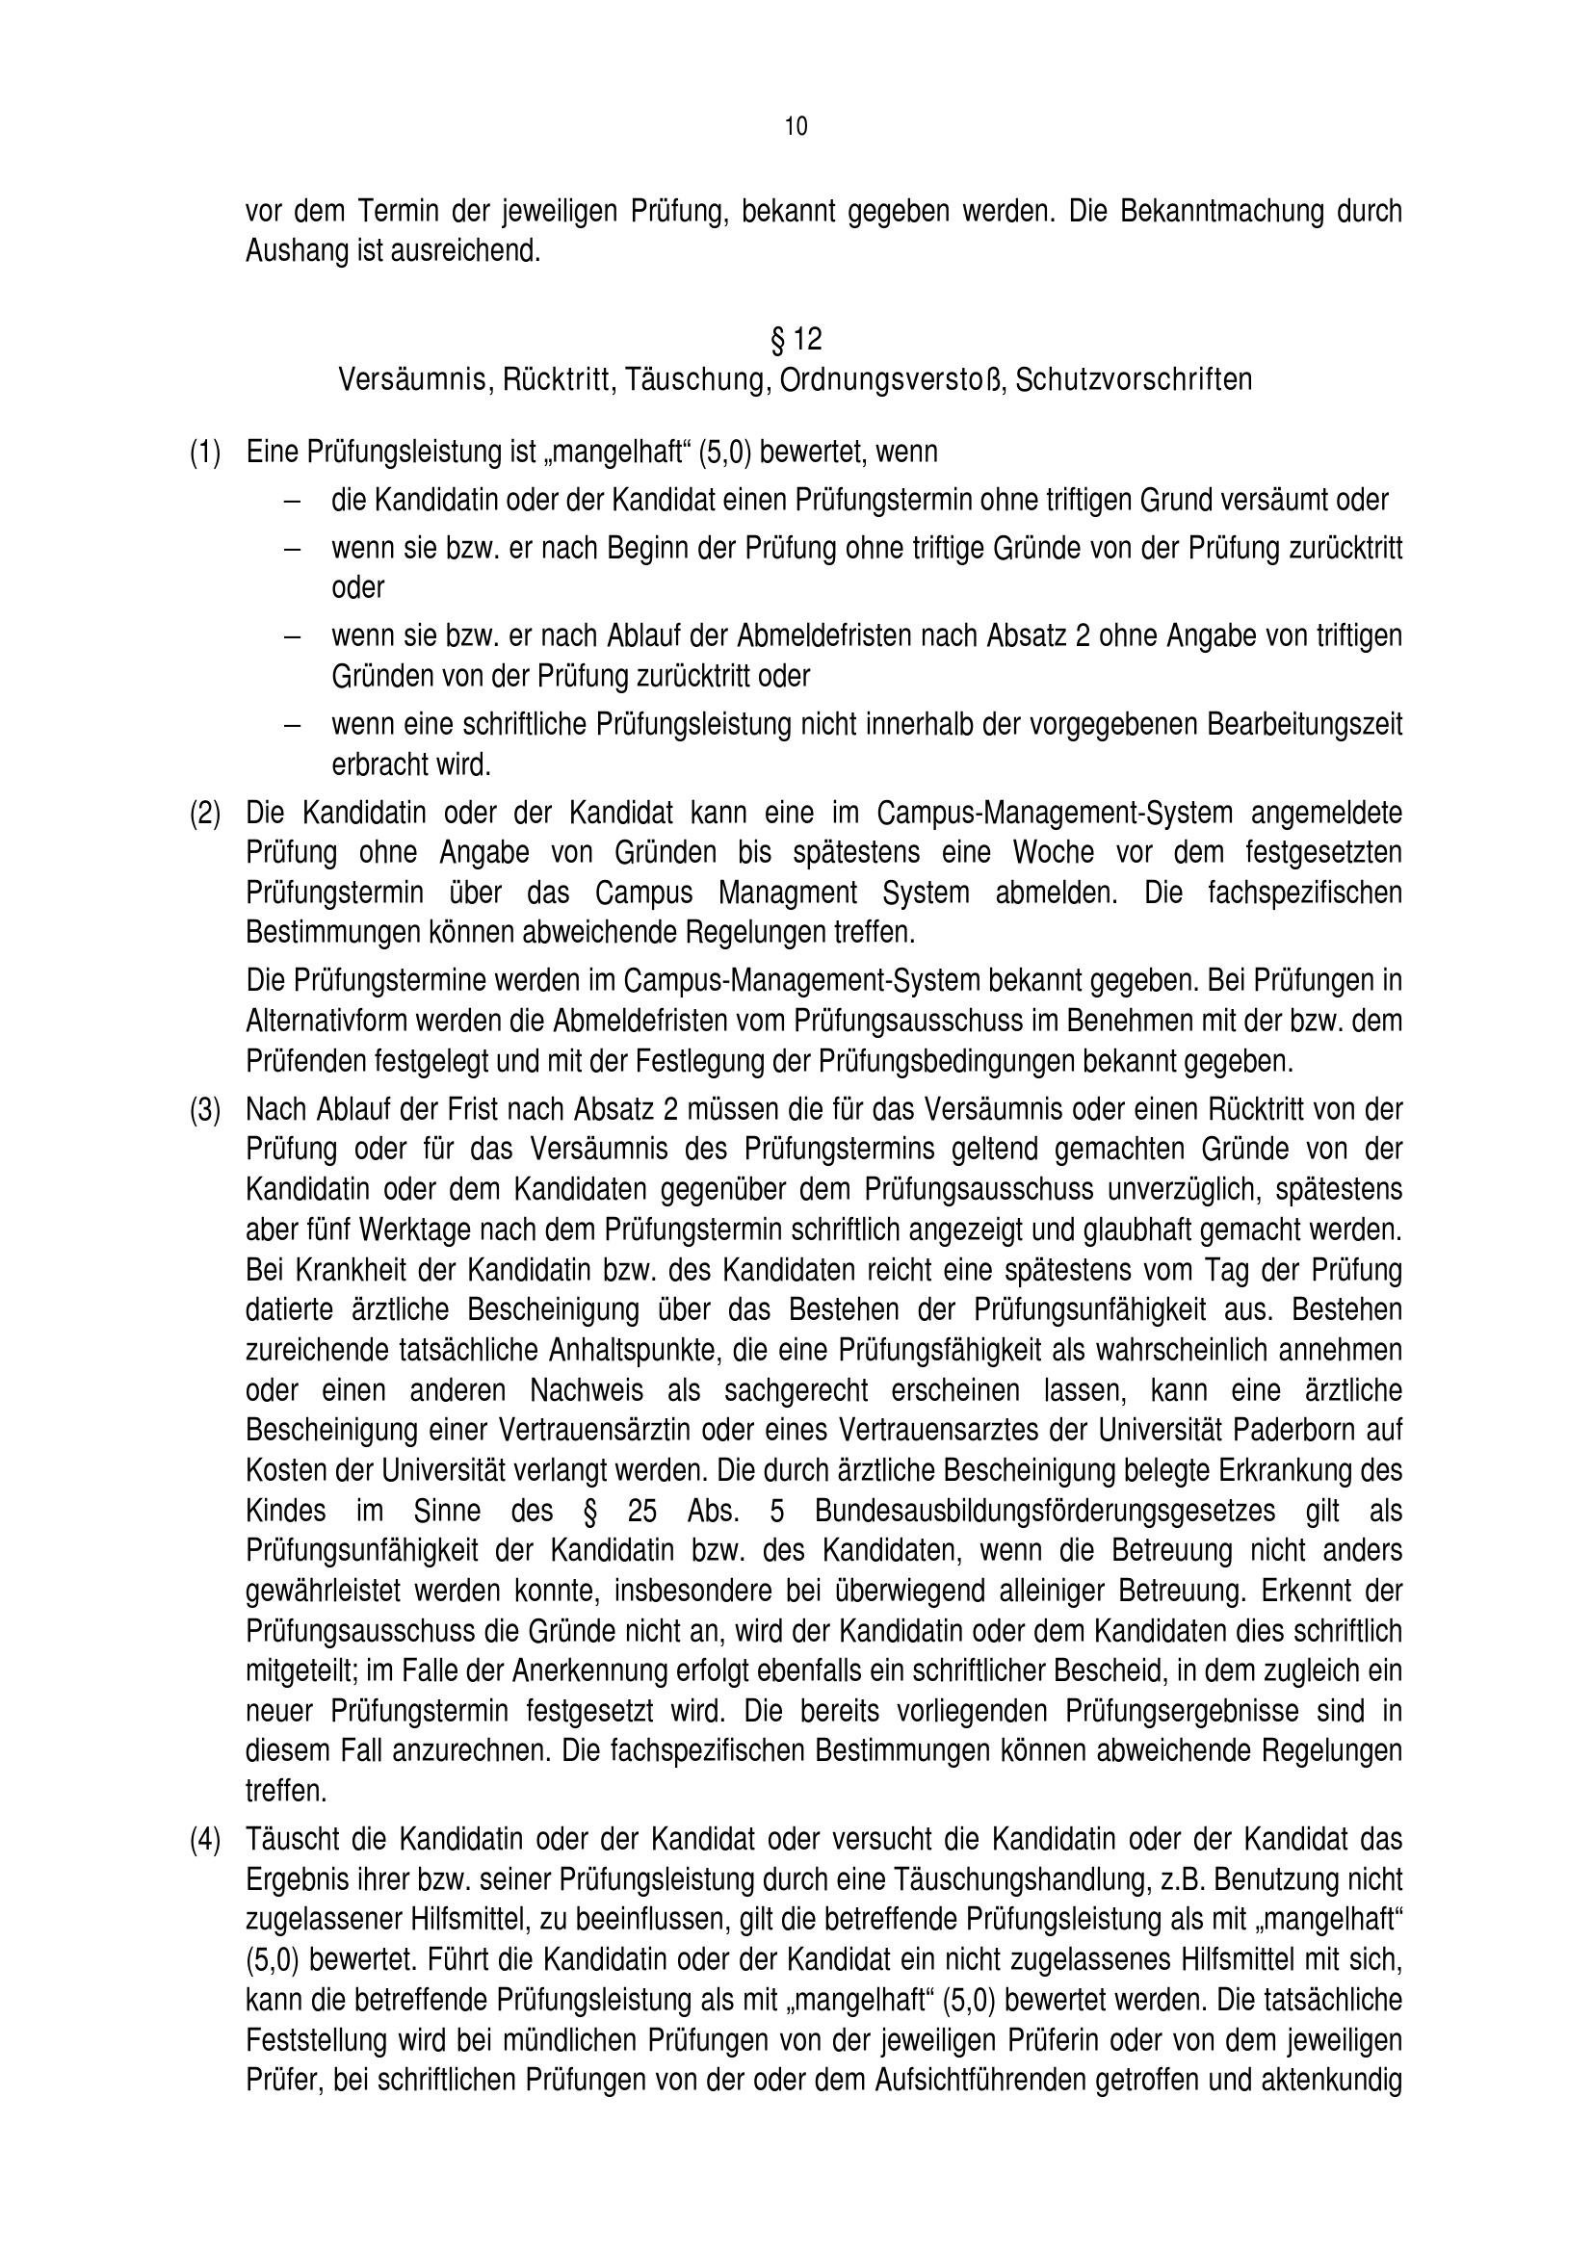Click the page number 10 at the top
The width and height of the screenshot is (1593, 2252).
pos(796,126)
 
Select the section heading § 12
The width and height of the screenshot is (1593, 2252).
pos(796,339)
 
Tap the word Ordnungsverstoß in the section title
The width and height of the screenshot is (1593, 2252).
pos(893,379)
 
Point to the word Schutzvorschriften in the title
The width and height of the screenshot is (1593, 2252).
pos(1134,379)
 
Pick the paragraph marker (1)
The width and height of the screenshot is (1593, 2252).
pos(205,453)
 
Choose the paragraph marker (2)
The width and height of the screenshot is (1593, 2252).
pos(205,814)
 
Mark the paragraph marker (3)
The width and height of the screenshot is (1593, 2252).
pos(205,1109)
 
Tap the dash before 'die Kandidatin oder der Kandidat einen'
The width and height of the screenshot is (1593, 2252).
pos(290,502)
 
